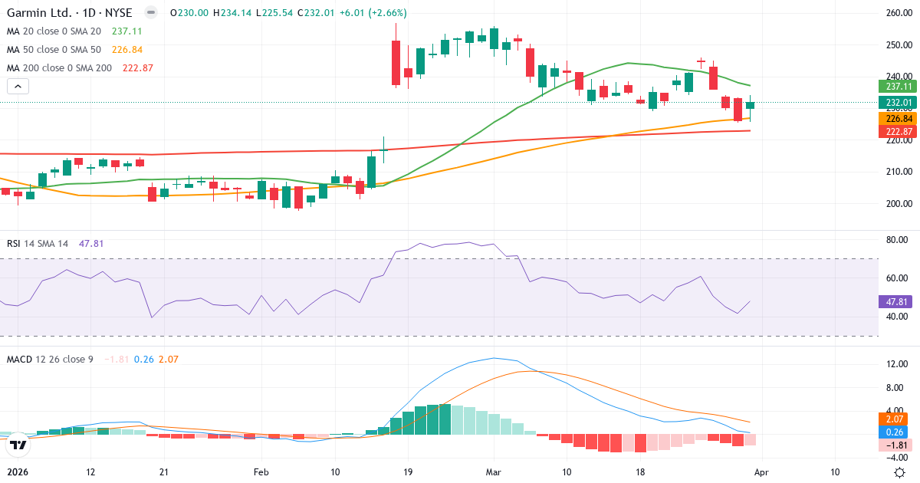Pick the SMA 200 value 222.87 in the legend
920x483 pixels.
pos(138,68)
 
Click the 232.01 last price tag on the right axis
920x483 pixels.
pos(898,103)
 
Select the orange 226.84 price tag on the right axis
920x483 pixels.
pos(898,119)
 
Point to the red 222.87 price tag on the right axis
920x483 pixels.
pos(898,132)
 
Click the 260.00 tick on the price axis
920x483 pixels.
pos(898,13)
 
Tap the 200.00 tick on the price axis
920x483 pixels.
pos(898,204)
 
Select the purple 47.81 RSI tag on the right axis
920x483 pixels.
pos(898,302)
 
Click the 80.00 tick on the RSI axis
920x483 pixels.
pos(898,240)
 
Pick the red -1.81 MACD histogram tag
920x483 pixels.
pos(898,445)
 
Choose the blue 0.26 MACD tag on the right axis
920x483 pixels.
pos(898,432)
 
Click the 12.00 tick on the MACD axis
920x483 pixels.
pos(898,364)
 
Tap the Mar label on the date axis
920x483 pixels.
pos(494,472)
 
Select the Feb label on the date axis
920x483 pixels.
pos(261,472)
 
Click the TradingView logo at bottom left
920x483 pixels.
pos(18,444)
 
